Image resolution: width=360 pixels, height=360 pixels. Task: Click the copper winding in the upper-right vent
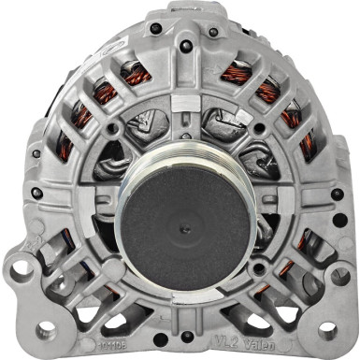(x=236, y=73)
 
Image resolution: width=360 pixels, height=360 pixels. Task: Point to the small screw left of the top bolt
(x=143, y=33)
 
